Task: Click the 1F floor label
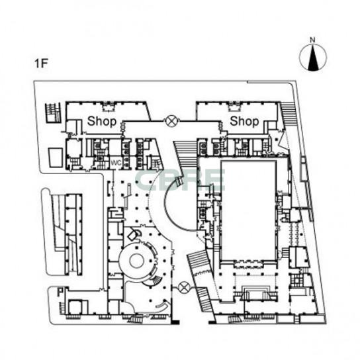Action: [x=41, y=64]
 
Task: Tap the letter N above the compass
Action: [x=312, y=40]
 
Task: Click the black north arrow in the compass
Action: [x=312, y=58]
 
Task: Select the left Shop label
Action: [x=102, y=121]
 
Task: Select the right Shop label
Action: [x=244, y=121]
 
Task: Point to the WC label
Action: [x=116, y=163]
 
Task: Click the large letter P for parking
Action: [x=60, y=292]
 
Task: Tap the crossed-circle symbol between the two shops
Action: [x=171, y=120]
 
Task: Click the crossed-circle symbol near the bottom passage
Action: [x=183, y=287]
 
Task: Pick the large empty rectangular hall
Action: [x=248, y=210]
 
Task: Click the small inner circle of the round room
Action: [x=137, y=261]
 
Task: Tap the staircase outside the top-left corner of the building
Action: [x=53, y=113]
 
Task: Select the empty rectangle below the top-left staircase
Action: [x=56, y=157]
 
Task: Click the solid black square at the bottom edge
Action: [x=175, y=322]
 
